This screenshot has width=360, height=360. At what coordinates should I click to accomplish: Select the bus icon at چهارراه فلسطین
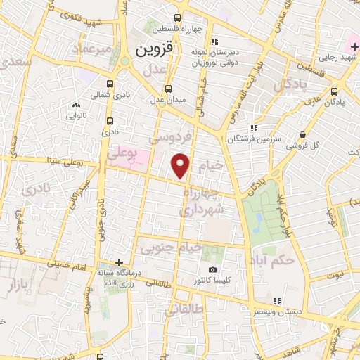coord(178,18)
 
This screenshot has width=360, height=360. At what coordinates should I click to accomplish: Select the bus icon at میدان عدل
coord(168,89)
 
